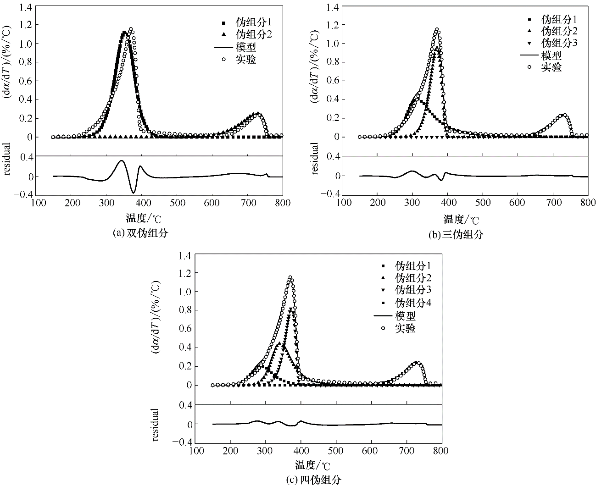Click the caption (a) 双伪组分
point(140,233)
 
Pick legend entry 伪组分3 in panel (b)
point(559,43)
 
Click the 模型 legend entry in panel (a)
point(246,47)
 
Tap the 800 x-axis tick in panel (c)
point(441,451)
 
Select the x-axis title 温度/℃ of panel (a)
point(139,217)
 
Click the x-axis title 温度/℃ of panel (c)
point(312,465)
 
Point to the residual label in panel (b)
point(315,159)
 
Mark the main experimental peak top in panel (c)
point(290,277)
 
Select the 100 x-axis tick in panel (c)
point(196,451)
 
